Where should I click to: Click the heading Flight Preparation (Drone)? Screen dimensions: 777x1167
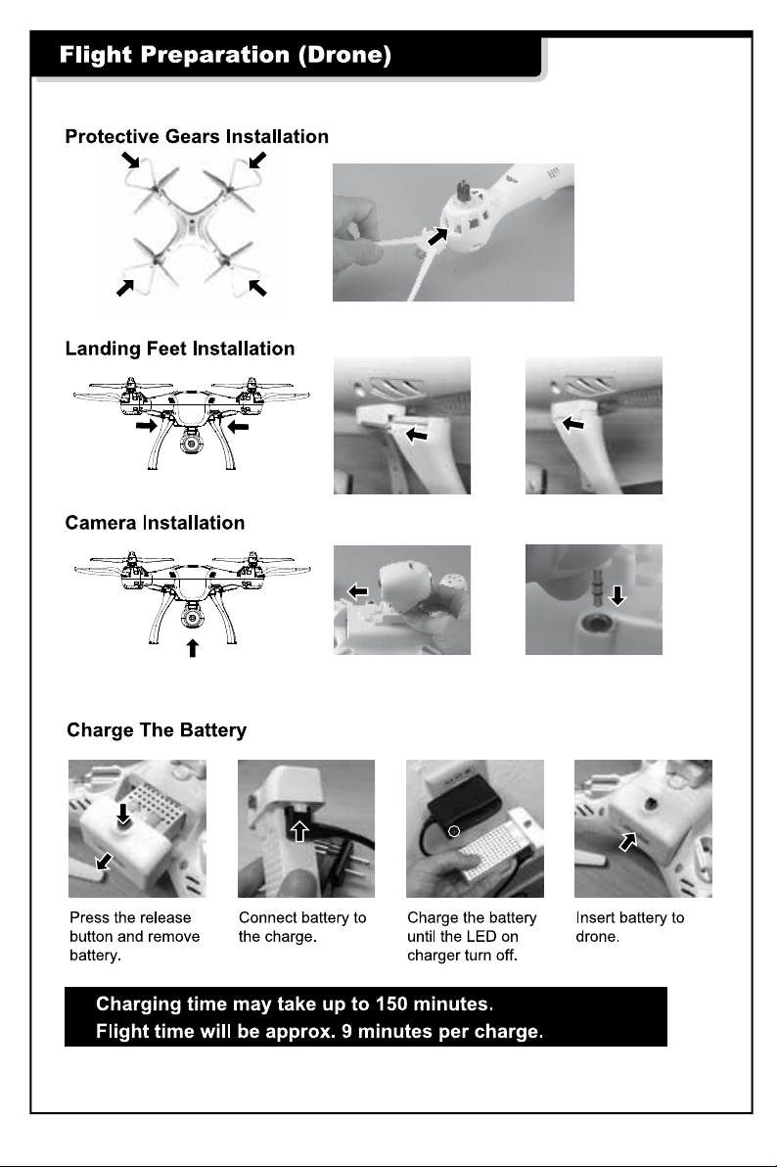pos(225,55)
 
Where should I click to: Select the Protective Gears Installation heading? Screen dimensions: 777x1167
pos(197,136)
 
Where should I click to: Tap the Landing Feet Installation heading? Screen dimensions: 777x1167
pos(179,349)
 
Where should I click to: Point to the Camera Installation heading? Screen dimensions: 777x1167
pos(155,523)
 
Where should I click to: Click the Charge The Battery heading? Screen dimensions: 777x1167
pos(157,730)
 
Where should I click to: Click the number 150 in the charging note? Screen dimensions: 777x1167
pos(391,1004)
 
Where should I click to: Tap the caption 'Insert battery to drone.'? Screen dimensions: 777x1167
pos(629,926)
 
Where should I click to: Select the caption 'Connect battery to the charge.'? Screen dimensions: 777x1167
pos(302,926)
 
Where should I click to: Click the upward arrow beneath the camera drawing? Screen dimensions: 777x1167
pos(192,648)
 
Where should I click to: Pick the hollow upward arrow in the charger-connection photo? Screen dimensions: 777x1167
pos(299,830)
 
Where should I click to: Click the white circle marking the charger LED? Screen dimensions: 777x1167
pos(454,830)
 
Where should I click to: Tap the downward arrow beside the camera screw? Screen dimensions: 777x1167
pos(617,595)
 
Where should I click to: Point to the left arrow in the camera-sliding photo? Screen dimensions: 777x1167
pos(358,591)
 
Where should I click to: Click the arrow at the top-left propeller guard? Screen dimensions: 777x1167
pos(131,160)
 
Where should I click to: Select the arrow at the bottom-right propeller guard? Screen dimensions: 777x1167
pos(257,287)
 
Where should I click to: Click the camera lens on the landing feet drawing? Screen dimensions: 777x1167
pos(191,443)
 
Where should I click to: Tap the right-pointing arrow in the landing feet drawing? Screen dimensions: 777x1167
pos(147,426)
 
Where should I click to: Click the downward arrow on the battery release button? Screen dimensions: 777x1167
pos(123,815)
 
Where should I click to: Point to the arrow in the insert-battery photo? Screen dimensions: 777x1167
pos(628,842)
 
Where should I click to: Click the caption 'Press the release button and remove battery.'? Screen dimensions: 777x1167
pos(134,936)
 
